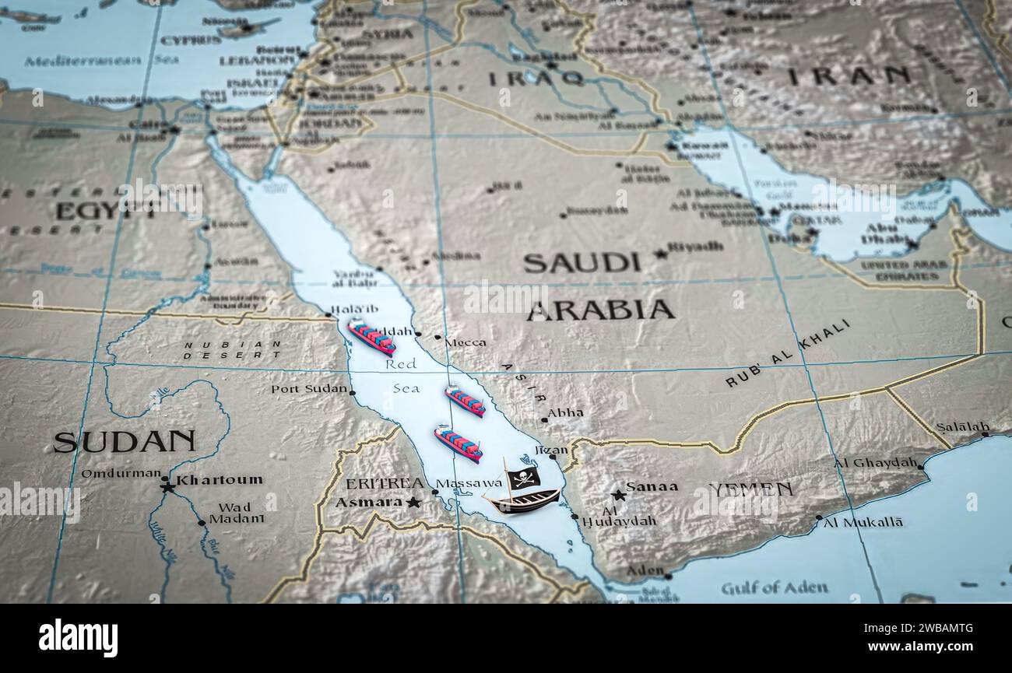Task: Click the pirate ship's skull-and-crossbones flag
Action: pos(523,477)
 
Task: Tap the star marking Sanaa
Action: pos(618,494)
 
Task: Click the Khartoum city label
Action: pos(219,480)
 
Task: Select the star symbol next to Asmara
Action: pos(413,503)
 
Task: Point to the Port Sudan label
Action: pos(308,388)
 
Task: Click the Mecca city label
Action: pos(466,342)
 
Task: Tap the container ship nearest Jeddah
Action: pos(371,336)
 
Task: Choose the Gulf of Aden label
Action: pos(774,587)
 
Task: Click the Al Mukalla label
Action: pos(863,522)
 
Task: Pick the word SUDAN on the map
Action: pos(124,442)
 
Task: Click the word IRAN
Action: pos(849,75)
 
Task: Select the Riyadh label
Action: pos(695,247)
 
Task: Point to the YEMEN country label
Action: pos(750,489)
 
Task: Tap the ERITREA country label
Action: pos(385,483)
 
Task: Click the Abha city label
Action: pos(565,413)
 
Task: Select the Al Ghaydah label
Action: pos(876,462)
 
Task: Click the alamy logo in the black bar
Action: pos(78,637)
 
